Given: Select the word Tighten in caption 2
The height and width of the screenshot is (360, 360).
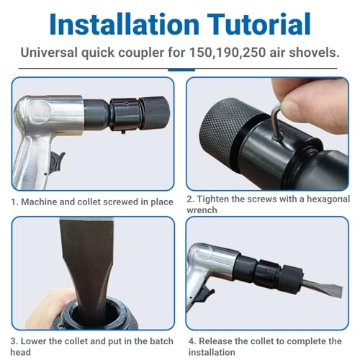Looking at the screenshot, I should pyautogui.click(x=219, y=199).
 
